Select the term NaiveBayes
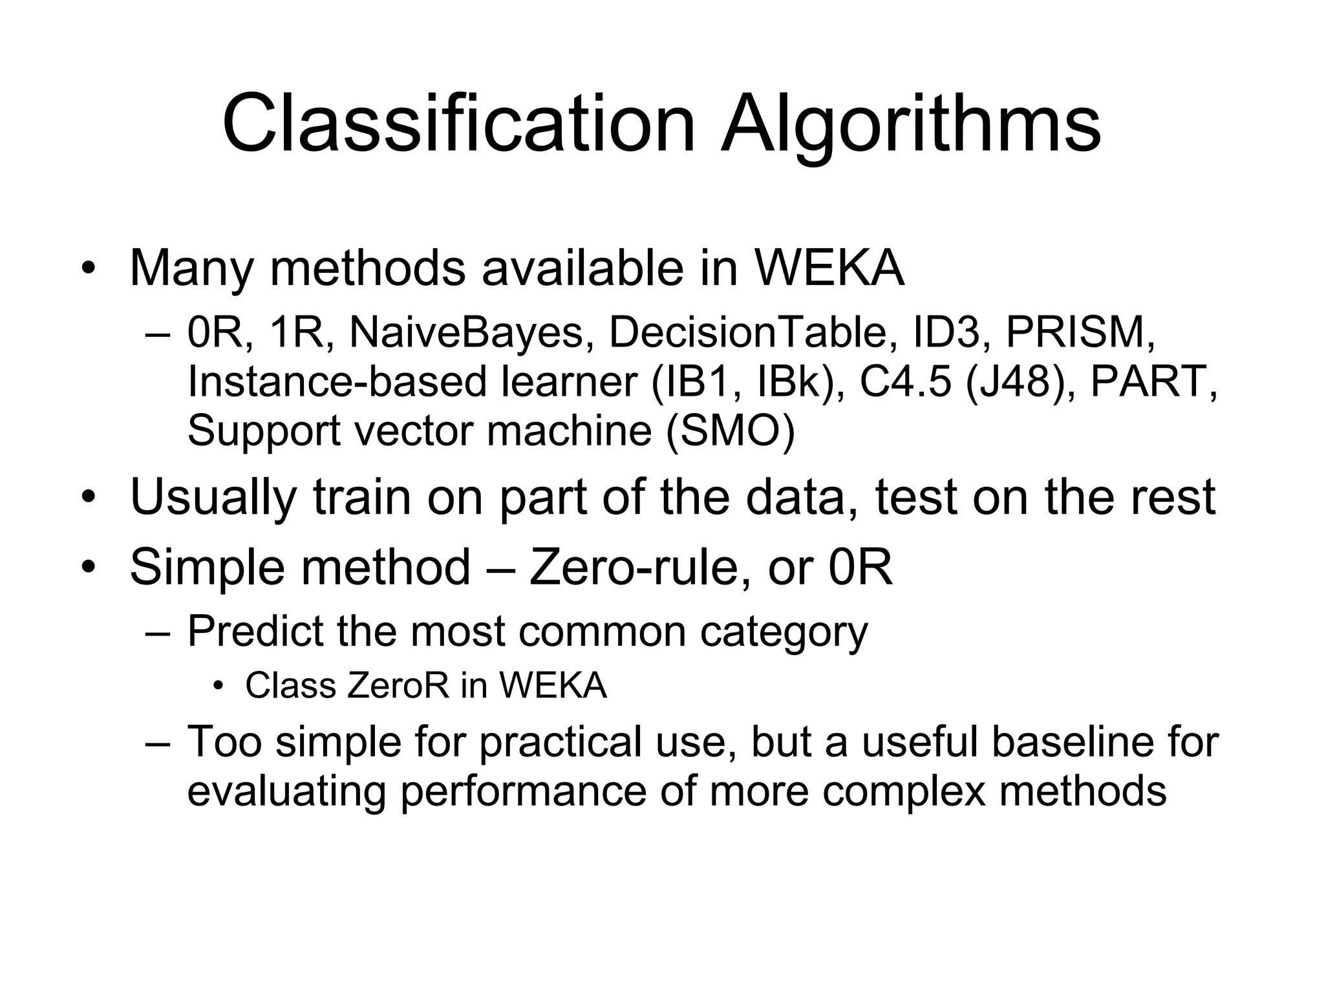[466, 333]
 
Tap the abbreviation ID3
[945, 333]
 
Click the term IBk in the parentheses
[793, 381]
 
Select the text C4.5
[904, 381]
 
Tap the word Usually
[213, 497]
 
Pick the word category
[784, 632]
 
